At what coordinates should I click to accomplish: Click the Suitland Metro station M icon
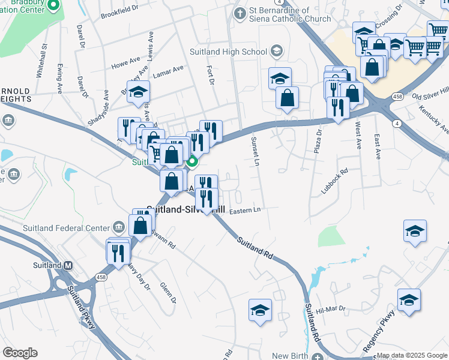68,265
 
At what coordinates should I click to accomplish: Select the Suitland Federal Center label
66,228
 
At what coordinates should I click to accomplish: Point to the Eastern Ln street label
244,210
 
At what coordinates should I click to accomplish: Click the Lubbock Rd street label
334,182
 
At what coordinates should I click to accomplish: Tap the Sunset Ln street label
255,151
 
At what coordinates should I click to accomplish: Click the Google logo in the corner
20,353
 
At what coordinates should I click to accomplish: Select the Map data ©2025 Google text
412,355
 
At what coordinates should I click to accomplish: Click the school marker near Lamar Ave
138,92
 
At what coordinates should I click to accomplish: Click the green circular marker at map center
193,161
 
